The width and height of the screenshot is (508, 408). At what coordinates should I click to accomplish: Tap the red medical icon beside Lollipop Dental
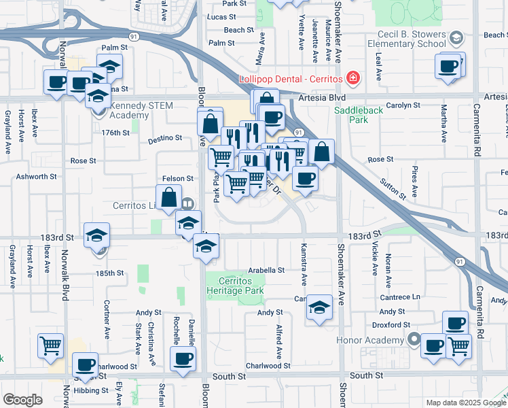point(352,79)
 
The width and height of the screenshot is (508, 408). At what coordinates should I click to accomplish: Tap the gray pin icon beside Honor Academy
point(412,339)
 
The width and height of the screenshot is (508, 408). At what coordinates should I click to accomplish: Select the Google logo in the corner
point(22,400)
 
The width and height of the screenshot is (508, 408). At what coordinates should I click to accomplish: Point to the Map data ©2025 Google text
point(465,403)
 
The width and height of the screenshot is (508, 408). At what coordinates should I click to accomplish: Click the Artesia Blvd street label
point(317,98)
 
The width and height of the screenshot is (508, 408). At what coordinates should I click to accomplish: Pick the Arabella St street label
point(266,270)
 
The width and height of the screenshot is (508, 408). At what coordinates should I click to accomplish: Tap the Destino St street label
point(165,138)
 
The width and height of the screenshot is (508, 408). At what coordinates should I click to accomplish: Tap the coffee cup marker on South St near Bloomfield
point(183,359)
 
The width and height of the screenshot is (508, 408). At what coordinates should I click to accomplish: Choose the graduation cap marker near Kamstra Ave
point(319,307)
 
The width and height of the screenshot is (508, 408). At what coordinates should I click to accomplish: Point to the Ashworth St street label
point(37,176)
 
